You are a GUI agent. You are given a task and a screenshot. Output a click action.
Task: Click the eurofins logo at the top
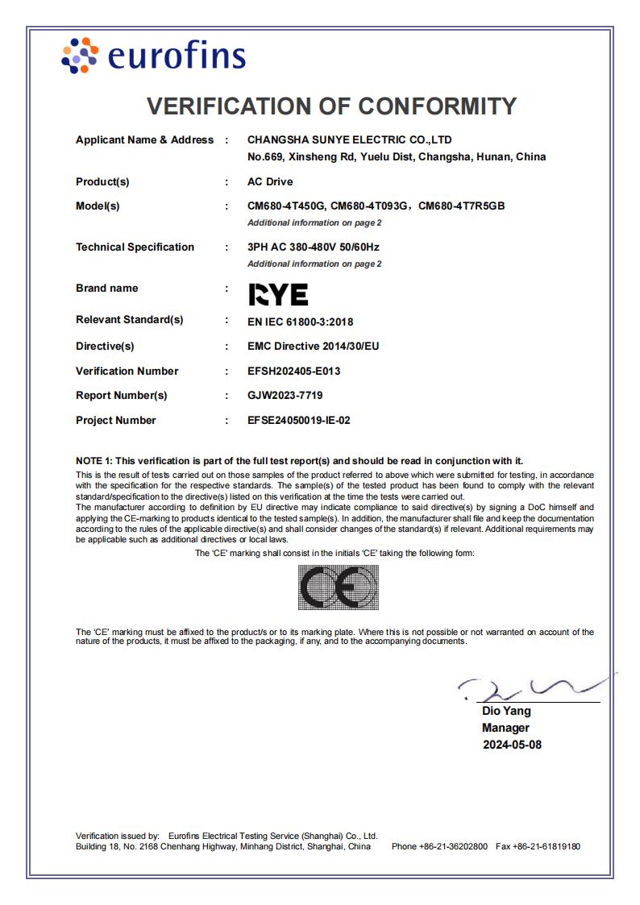tap(153, 56)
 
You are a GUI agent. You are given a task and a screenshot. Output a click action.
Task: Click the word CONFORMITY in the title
tap(437, 106)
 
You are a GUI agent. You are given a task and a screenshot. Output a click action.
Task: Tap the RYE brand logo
tap(277, 295)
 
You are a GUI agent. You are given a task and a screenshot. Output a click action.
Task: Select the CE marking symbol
tap(338, 587)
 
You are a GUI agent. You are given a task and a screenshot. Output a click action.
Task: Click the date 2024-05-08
tap(512, 745)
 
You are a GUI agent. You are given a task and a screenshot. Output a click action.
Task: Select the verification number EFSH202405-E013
tap(293, 372)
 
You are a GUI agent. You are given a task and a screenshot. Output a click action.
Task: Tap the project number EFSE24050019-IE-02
tap(299, 421)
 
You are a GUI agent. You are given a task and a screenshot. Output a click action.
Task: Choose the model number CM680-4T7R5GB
tap(462, 206)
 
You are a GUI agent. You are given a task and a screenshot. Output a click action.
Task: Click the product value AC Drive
tap(270, 181)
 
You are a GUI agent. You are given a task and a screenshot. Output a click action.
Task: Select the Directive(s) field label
tap(105, 347)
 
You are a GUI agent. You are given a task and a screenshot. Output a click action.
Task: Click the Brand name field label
tap(106, 289)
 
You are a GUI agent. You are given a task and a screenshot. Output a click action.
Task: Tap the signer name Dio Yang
tap(506, 711)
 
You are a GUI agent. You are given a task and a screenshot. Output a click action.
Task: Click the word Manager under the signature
tap(505, 728)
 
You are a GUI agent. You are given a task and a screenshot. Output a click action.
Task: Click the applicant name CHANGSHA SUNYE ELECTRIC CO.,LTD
tap(350, 140)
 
